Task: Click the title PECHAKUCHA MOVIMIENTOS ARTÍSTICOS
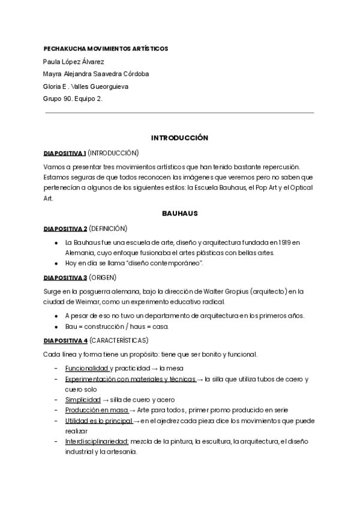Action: pyautogui.click(x=106, y=48)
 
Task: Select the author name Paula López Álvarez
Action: pyautogui.click(x=74, y=61)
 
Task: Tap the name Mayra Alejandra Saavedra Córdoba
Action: pyautogui.click(x=96, y=74)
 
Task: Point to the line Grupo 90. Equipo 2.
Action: pyautogui.click(x=73, y=99)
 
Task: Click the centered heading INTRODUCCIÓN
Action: pyautogui.click(x=179, y=138)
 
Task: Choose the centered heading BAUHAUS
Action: pyautogui.click(x=179, y=213)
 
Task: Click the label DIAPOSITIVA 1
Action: pyautogui.click(x=65, y=152)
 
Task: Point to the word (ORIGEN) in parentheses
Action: pyautogui.click(x=103, y=277)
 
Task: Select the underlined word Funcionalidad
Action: pyautogui.click(x=87, y=368)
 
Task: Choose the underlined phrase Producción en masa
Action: pyautogui.click(x=97, y=410)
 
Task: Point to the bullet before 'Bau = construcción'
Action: pyautogui.click(x=56, y=327)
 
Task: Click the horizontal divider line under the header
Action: pyautogui.click(x=179, y=112)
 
